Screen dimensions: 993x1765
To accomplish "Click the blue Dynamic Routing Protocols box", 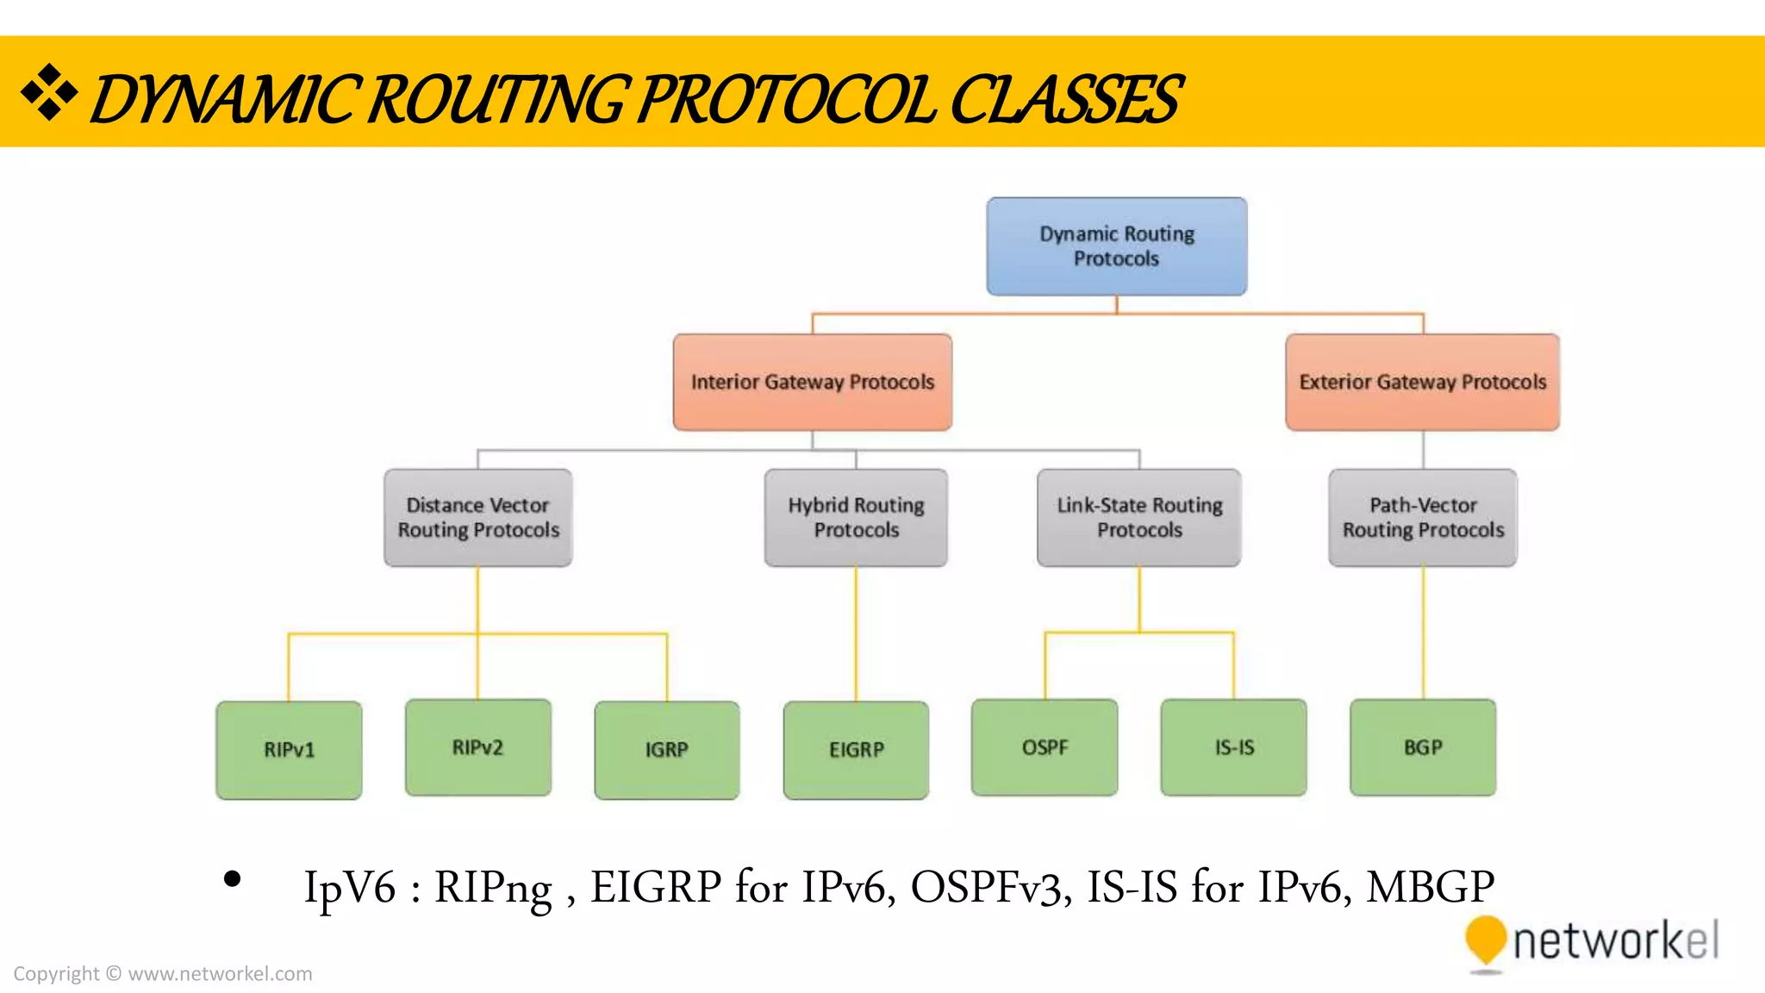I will (x=1116, y=247).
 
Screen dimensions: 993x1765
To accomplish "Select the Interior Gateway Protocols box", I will (x=812, y=382).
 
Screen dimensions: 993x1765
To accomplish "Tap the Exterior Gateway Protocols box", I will (x=1422, y=382).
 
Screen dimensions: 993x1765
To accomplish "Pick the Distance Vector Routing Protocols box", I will (x=477, y=517).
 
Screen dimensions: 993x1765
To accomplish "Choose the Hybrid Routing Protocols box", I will (x=856, y=517).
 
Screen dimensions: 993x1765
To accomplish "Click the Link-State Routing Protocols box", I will (x=1138, y=517).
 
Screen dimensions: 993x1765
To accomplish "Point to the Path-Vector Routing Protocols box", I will (x=1422, y=517).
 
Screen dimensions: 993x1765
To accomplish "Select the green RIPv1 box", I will (x=289, y=749).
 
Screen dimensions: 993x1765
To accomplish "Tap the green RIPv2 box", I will (x=477, y=746).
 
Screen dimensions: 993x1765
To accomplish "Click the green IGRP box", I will (x=666, y=749).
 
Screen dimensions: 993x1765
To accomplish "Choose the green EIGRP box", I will (x=856, y=749).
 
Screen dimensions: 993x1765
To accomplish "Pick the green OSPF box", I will (x=1045, y=746).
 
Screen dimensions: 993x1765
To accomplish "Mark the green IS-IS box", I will (x=1233, y=746).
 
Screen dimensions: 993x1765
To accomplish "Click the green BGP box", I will (x=1422, y=746).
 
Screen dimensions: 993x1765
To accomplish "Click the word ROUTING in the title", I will (x=496, y=99).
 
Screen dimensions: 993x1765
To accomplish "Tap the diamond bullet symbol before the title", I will (x=49, y=92).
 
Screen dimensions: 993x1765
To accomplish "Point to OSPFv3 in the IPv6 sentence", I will (x=990, y=887).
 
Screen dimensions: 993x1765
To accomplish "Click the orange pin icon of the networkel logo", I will (x=1485, y=940).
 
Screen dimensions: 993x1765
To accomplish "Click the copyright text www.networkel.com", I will (x=220, y=974).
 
